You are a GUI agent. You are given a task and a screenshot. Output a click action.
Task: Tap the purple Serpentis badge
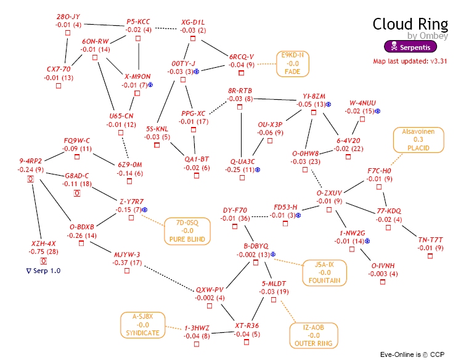coord(410,46)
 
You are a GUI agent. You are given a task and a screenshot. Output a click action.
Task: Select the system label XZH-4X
coord(44,243)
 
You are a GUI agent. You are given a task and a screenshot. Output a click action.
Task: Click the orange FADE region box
coord(292,63)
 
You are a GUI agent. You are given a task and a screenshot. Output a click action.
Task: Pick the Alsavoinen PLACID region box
coord(418,139)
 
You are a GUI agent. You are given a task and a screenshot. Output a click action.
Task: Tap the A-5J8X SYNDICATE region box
coord(144,325)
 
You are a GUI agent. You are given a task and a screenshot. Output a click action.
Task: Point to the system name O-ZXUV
coord(324,193)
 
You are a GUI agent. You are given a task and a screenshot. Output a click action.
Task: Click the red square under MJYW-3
coord(127,271)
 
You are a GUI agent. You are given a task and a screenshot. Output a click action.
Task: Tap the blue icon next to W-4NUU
coord(378,112)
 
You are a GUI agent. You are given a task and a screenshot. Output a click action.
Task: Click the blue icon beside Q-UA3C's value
coord(257,170)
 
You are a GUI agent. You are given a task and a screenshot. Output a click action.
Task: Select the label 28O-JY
coord(68,16)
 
